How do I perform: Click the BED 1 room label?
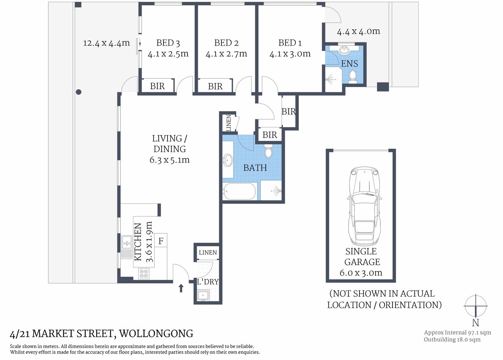pyautogui.click(x=290, y=43)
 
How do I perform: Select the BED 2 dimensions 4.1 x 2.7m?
pyautogui.click(x=226, y=54)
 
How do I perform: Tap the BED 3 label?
pyautogui.click(x=168, y=43)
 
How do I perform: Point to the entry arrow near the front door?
pyautogui.click(x=181, y=288)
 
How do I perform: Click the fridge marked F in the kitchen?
pyautogui.click(x=161, y=241)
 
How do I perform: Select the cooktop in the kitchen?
pyautogui.click(x=144, y=273)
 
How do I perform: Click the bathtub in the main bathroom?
pyautogui.click(x=240, y=192)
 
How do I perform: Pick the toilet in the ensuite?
pyautogui.click(x=352, y=76)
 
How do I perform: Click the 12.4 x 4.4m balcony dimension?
pyautogui.click(x=106, y=43)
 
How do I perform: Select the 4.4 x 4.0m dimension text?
pyautogui.click(x=358, y=31)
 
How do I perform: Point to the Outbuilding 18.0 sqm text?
pyautogui.click(x=452, y=340)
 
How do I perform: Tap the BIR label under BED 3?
pyautogui.click(x=157, y=86)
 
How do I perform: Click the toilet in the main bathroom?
pyautogui.click(x=268, y=151)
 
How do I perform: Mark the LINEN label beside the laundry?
pyautogui.click(x=208, y=252)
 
